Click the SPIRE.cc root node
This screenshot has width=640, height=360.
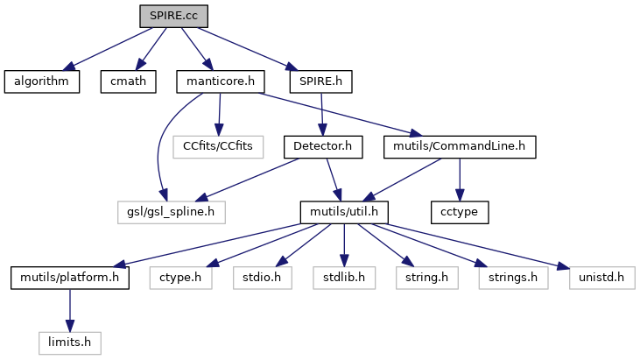tap(173, 16)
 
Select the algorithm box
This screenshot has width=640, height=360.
tap(41, 82)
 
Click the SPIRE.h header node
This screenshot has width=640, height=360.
tap(320, 82)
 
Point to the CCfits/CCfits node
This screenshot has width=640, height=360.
tap(218, 146)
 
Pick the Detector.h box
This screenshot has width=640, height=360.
tap(322, 146)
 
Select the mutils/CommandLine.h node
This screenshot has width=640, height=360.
tap(460, 146)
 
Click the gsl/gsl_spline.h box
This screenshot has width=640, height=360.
tap(172, 212)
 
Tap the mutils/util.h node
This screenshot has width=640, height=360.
tap(344, 212)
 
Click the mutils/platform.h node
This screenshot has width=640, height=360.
tap(70, 278)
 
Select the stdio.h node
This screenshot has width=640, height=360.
tap(260, 278)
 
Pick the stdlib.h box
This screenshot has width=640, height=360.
tap(344, 278)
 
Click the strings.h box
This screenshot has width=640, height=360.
tap(512, 278)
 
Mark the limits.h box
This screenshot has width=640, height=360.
tap(70, 342)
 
